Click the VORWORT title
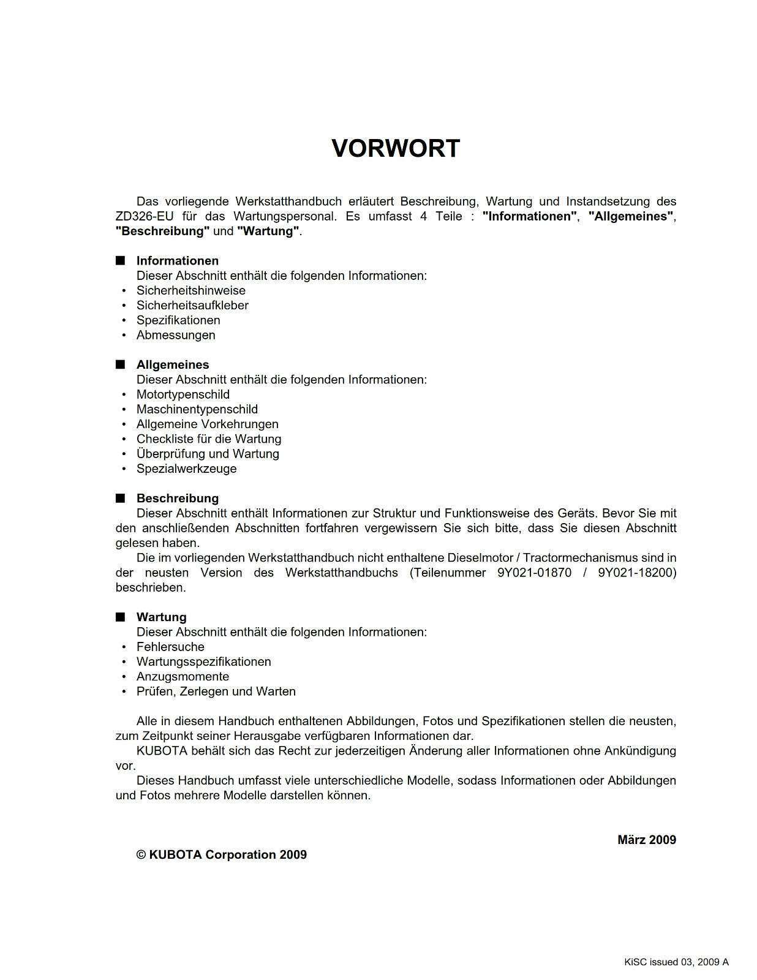click(395, 149)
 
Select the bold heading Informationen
click(177, 261)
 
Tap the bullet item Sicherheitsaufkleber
click(192, 305)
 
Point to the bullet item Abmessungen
click(176, 335)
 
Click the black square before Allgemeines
click(120, 365)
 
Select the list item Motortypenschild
click(183, 394)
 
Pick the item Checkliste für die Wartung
click(209, 439)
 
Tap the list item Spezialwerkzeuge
click(186, 469)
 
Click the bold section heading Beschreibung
click(177, 499)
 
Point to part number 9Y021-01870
click(534, 573)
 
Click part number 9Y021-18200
click(636, 573)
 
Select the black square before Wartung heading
click(120, 617)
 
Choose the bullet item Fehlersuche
click(170, 647)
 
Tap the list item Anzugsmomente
click(183, 677)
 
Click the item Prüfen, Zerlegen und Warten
click(216, 692)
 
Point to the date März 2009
click(646, 840)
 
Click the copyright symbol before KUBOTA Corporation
click(141, 855)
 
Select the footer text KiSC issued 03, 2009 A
click(676, 962)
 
